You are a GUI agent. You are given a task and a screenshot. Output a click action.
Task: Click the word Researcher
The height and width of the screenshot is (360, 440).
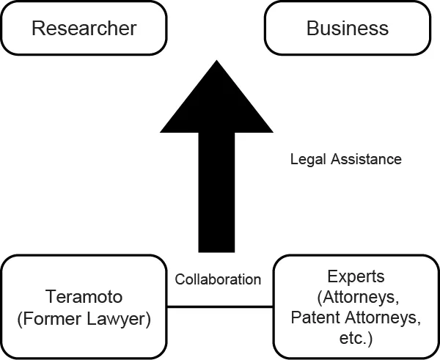pyautogui.click(x=84, y=29)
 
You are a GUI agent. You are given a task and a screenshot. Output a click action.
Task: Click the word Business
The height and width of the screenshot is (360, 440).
pyautogui.click(x=348, y=29)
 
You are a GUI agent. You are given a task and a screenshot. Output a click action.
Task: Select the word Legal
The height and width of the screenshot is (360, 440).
pyautogui.click(x=305, y=159)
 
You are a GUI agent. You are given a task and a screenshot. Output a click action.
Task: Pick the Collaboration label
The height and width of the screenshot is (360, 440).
pyautogui.click(x=218, y=279)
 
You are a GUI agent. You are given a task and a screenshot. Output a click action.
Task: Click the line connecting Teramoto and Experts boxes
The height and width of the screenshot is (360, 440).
pyautogui.click(x=220, y=306)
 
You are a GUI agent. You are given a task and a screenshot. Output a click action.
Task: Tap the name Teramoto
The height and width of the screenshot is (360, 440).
pyautogui.click(x=84, y=298)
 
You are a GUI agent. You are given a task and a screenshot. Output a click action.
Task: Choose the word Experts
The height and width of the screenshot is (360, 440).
pyautogui.click(x=356, y=278)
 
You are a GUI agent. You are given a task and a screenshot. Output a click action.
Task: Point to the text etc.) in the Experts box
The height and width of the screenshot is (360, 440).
pyautogui.click(x=356, y=338)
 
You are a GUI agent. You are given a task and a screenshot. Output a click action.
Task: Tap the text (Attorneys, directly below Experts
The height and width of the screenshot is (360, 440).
pyautogui.click(x=356, y=298)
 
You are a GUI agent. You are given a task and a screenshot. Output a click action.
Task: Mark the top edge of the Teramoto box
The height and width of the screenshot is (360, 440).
pyautogui.click(x=84, y=256)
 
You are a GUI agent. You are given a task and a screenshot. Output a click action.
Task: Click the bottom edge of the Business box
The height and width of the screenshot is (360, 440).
pyautogui.click(x=348, y=54)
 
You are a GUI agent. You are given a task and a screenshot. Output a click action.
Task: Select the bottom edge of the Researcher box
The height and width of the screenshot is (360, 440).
pyautogui.click(x=84, y=54)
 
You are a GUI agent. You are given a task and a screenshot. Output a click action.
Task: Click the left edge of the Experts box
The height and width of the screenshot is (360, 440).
pyautogui.click(x=274, y=306)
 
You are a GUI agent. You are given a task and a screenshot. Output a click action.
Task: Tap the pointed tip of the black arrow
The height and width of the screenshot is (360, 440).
pyautogui.click(x=216, y=62)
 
